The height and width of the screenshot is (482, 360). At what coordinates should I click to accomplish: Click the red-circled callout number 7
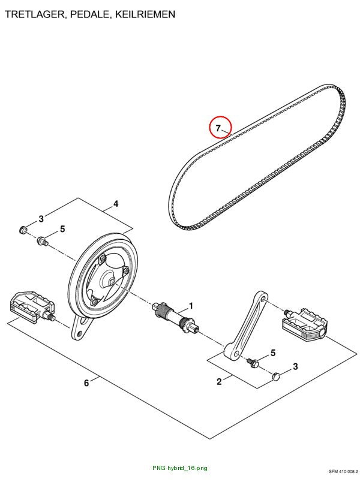(218, 128)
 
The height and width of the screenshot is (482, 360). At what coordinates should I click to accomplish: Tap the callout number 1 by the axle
(191, 306)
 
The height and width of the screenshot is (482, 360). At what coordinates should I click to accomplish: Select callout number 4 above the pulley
(116, 204)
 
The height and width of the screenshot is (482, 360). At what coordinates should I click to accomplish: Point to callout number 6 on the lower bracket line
(86, 383)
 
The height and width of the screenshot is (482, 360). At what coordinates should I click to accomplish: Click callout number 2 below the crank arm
(219, 382)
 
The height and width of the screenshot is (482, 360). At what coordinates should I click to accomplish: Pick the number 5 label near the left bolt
(62, 229)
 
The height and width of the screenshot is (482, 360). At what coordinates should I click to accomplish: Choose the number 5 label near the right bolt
(273, 353)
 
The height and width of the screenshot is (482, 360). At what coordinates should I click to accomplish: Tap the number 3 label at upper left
(41, 219)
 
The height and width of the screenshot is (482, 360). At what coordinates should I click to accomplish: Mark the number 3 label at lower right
(295, 366)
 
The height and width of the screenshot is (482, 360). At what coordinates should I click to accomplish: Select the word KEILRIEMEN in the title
(145, 14)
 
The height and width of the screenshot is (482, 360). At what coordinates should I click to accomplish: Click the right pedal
(305, 324)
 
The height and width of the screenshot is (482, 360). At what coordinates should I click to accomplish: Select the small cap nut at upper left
(23, 230)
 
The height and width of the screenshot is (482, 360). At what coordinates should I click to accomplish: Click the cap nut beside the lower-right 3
(276, 376)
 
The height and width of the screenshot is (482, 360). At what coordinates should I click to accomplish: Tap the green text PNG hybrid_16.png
(179, 468)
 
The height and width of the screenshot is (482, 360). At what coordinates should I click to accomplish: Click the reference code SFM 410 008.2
(343, 472)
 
